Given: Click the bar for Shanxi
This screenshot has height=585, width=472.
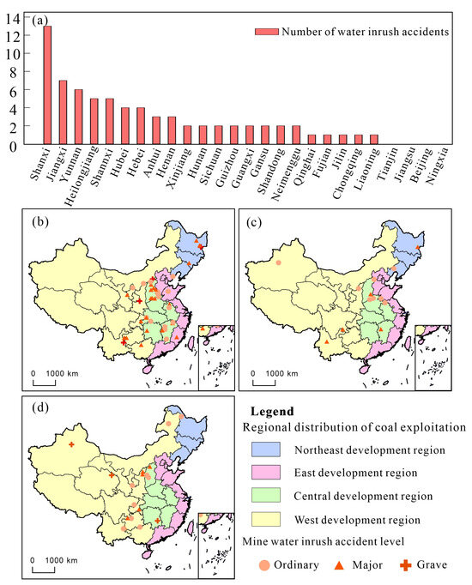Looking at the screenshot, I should (47, 85).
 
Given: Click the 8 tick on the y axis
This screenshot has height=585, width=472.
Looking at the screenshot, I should (15, 71).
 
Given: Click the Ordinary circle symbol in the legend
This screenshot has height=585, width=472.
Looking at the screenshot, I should (264, 564).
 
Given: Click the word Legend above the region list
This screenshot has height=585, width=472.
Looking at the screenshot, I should (274, 412).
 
